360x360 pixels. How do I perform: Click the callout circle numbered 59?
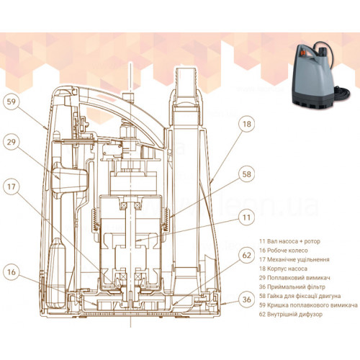[11, 102]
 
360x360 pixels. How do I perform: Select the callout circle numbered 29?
[11, 142]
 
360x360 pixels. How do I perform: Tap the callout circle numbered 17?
[11, 186]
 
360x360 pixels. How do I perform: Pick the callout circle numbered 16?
[11, 272]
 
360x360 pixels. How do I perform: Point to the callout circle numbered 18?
[247, 124]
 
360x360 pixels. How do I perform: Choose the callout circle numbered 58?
[247, 174]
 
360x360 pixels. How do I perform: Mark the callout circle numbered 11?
[247, 217]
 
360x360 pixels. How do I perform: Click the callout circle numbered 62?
[247, 255]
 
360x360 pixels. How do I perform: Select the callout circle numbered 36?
[247, 300]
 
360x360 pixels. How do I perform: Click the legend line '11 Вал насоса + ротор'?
[289, 241]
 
